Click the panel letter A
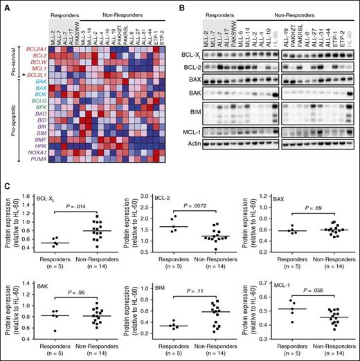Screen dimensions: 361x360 point(6,6)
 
